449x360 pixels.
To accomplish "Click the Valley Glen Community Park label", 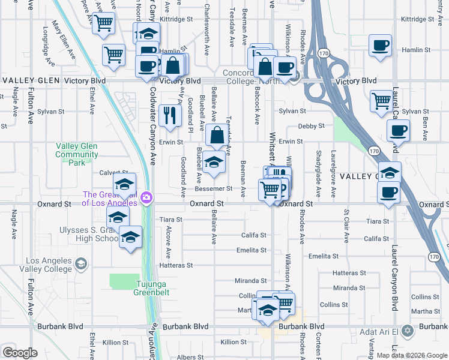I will [76, 154].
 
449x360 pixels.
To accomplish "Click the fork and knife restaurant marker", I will [170, 115].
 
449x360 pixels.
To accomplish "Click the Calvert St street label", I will [113, 172].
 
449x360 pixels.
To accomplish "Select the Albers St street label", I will [191, 357].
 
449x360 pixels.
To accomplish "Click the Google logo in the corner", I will [20, 352].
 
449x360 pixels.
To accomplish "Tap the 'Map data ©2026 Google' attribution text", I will [412, 355].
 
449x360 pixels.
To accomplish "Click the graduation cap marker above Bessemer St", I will [214, 162].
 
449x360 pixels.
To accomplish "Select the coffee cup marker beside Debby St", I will [397, 130].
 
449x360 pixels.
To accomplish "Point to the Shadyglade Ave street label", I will [317, 172].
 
